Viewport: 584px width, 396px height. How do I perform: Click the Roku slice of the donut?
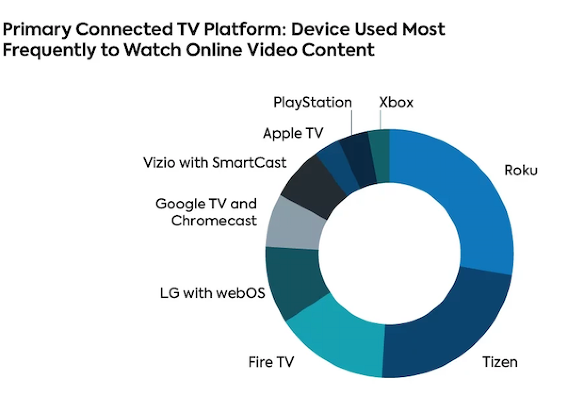(x=469, y=198)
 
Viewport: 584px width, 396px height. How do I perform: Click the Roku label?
(x=520, y=171)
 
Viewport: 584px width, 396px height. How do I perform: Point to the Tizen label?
(x=500, y=362)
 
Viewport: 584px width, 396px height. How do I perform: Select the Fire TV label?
(x=271, y=362)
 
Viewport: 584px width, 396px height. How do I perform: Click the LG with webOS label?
(x=212, y=293)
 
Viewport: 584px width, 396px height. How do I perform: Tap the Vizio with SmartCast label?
(x=215, y=163)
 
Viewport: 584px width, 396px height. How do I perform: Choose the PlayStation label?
(x=313, y=103)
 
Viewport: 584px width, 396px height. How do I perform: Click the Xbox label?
(x=396, y=102)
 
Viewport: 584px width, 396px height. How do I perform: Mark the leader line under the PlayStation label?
(x=352, y=123)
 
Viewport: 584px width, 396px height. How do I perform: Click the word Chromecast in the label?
(x=214, y=221)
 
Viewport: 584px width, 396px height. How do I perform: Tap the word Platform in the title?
(x=244, y=30)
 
